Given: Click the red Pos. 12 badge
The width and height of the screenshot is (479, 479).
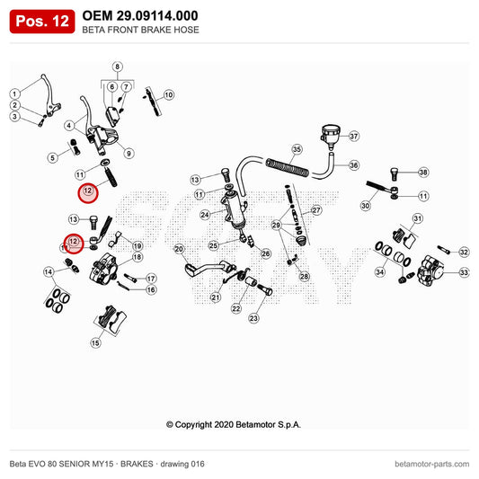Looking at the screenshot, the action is click(x=42, y=22).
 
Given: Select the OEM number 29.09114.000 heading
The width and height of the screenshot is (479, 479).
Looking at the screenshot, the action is click(x=140, y=15).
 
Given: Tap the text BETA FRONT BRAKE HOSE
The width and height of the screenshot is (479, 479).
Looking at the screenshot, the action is click(x=140, y=30).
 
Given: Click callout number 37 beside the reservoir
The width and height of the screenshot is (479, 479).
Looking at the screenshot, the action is click(x=354, y=136).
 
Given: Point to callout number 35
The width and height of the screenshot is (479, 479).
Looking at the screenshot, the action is click(x=297, y=149).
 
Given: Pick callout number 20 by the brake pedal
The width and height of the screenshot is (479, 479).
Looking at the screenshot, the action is click(x=179, y=249).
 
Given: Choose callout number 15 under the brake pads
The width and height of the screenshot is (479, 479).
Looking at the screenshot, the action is click(x=95, y=342).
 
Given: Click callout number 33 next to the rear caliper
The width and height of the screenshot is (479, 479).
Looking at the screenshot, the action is click(x=464, y=272).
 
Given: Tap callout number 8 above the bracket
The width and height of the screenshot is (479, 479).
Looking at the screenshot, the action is click(x=118, y=67).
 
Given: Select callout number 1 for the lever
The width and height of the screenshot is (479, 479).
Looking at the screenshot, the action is click(x=14, y=93).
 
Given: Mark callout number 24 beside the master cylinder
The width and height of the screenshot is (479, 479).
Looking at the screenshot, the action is click(x=205, y=215).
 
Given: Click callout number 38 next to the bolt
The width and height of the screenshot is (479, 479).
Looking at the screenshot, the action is click(x=423, y=173).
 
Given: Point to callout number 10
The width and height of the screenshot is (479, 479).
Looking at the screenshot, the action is click(x=169, y=95).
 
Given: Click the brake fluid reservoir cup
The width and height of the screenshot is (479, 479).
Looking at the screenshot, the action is click(x=330, y=135).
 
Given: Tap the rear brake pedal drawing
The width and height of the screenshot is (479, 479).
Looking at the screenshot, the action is click(x=208, y=269).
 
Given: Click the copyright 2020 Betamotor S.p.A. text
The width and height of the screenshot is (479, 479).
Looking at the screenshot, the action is click(x=234, y=424).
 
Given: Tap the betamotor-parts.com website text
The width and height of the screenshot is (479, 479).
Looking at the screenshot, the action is click(x=431, y=464).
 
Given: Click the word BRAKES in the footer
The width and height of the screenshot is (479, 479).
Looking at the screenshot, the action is click(x=137, y=464).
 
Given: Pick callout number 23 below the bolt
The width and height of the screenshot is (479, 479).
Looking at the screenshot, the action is click(x=253, y=318).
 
